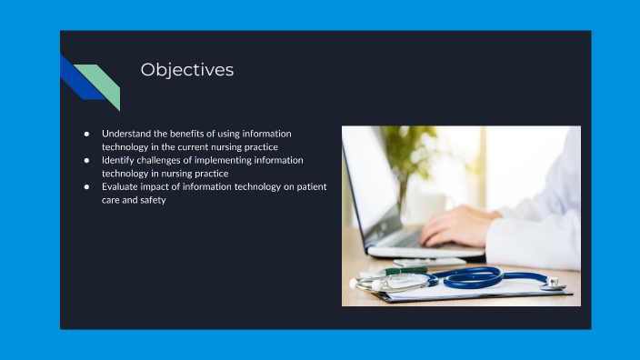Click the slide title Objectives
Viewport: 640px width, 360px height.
pyautogui.click(x=186, y=70)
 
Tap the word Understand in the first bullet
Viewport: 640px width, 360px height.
pyautogui.click(x=126, y=133)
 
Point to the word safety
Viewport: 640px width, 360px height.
pyautogui.click(x=151, y=200)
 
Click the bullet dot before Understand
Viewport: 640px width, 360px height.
pyautogui.click(x=86, y=134)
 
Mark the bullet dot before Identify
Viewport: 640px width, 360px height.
pyautogui.click(x=86, y=160)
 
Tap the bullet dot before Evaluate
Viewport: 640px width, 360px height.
pyautogui.click(x=86, y=186)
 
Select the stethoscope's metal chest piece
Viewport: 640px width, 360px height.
pyautogui.click(x=552, y=283)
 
